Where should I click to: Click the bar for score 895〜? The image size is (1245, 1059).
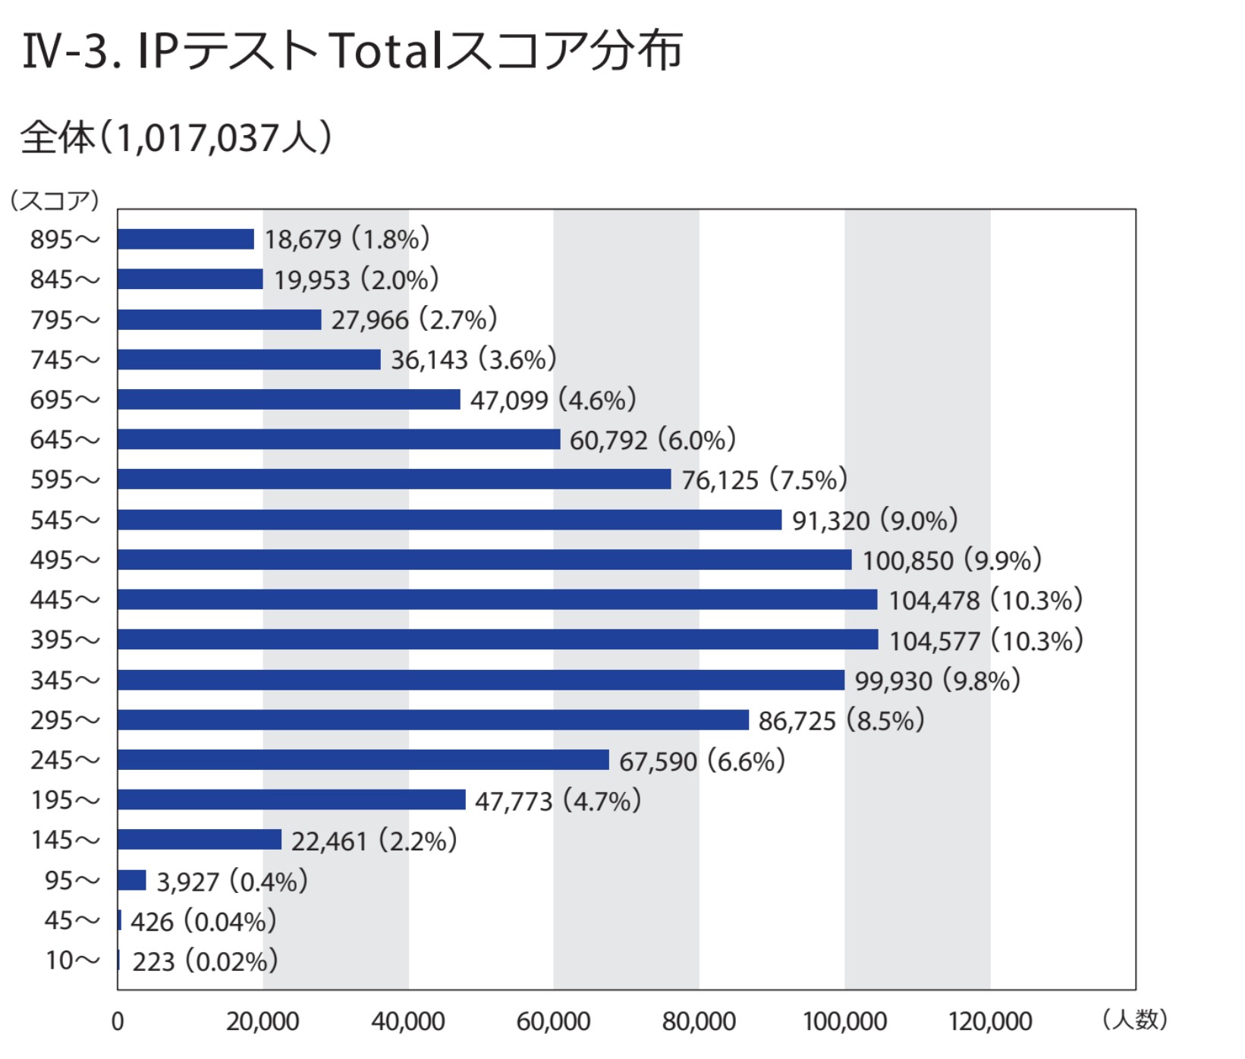click(185, 239)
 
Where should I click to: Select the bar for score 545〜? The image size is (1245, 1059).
click(449, 520)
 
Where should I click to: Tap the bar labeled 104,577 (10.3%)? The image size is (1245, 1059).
click(498, 639)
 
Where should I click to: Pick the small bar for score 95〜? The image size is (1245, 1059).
click(132, 880)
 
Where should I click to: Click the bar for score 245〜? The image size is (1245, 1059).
click(363, 759)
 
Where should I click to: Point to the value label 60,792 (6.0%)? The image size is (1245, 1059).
click(652, 440)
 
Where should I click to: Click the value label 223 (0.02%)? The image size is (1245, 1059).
click(205, 962)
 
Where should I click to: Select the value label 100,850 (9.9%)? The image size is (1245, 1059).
click(952, 561)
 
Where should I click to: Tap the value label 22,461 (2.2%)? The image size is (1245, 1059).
click(374, 841)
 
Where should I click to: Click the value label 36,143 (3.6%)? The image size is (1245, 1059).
click(473, 360)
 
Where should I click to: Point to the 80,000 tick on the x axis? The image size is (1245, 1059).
click(699, 1022)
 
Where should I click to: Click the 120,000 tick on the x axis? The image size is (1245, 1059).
click(990, 1022)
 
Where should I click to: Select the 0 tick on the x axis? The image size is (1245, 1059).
click(118, 1022)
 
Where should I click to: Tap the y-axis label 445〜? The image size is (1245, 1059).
click(64, 600)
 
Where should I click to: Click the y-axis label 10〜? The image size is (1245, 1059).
click(72, 960)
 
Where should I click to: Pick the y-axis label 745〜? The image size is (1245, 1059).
click(64, 360)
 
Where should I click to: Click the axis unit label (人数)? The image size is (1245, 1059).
click(1135, 1019)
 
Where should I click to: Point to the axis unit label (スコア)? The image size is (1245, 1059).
click(55, 200)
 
